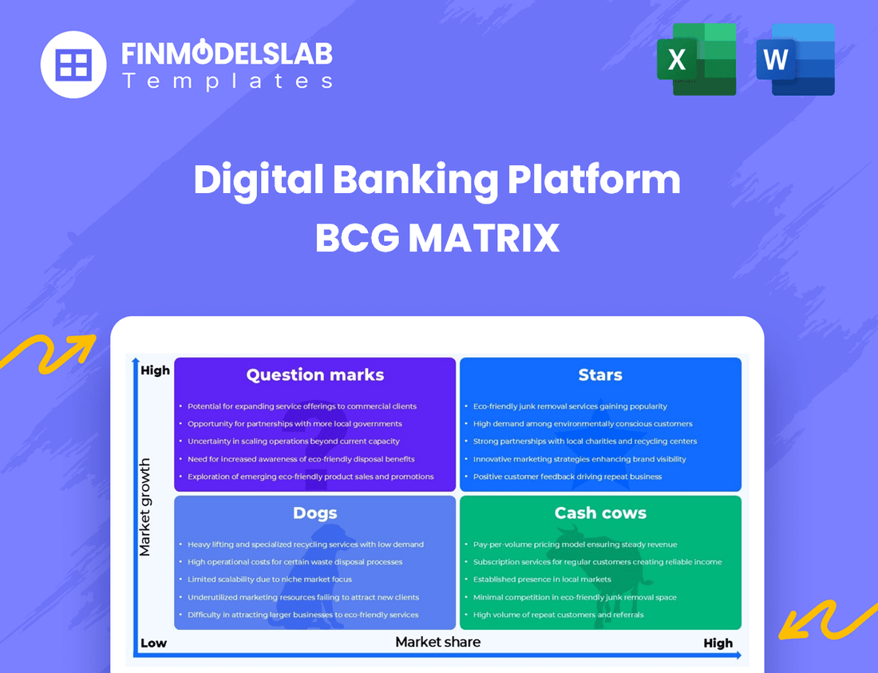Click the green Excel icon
[696, 59]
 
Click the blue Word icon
[795, 59]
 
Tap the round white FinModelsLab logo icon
[73, 65]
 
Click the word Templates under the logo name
[227, 81]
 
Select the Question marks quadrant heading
[314, 375]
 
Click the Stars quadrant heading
[600, 375]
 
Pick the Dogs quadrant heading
[314, 513]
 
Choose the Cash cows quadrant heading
[600, 513]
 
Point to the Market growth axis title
[145, 507]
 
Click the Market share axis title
[438, 642]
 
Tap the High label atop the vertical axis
[155, 370]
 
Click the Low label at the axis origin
[153, 643]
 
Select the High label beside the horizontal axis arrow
[718, 643]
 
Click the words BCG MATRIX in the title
[437, 237]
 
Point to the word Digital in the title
[257, 180]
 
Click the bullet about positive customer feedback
[567, 477]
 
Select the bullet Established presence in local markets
[541, 580]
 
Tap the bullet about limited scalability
[269, 580]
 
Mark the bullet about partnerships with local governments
[295, 424]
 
